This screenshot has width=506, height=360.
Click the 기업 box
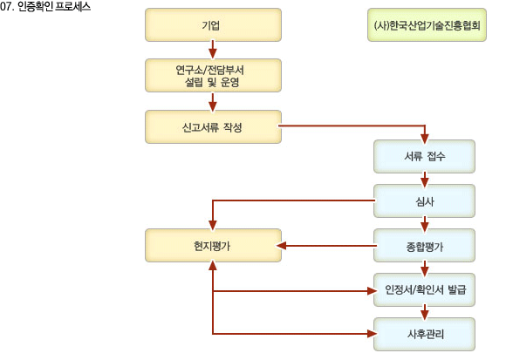pyautogui.click(x=213, y=24)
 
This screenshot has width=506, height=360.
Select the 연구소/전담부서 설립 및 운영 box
pyautogui.click(x=213, y=76)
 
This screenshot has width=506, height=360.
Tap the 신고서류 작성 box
pyautogui.click(x=213, y=127)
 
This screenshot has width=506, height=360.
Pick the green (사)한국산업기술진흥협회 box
pyautogui.click(x=427, y=24)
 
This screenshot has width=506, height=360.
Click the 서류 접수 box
pyautogui.click(x=424, y=156)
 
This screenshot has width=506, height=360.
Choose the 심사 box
pyautogui.click(x=424, y=200)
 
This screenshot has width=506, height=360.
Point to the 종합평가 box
pyautogui.click(x=424, y=245)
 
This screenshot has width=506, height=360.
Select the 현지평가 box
pyautogui.click(x=213, y=245)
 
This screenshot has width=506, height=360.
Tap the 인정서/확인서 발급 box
pyautogui.click(x=424, y=289)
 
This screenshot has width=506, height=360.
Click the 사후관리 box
pyautogui.click(x=424, y=334)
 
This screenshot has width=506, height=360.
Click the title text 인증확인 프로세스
pyautogui.click(x=54, y=7)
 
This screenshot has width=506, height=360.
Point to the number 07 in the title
pyautogui.click(x=6, y=7)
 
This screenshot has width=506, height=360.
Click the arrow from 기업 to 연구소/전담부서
pyautogui.click(x=212, y=50)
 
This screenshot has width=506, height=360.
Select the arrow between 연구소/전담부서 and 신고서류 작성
pyautogui.click(x=212, y=102)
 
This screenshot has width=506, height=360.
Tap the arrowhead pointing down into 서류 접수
pyautogui.click(x=425, y=139)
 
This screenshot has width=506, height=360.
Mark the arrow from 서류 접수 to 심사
pyautogui.click(x=425, y=180)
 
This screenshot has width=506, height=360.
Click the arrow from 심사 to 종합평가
pyautogui.click(x=425, y=224)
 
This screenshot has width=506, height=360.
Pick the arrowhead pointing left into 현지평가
pyautogui.click(x=282, y=246)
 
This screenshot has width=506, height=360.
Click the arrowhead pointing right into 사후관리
pyautogui.click(x=372, y=334)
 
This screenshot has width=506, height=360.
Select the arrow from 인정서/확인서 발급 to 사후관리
pyautogui.click(x=425, y=313)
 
